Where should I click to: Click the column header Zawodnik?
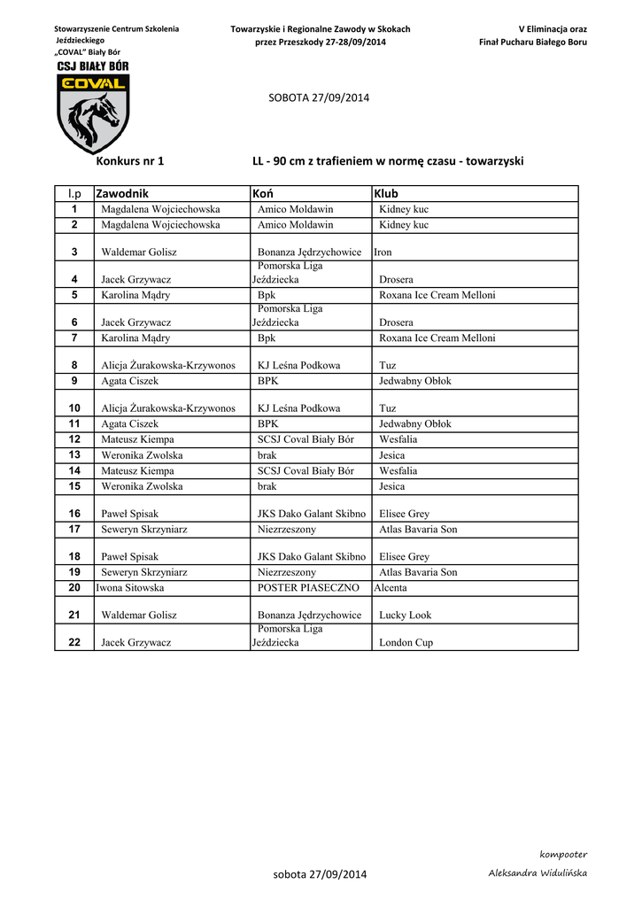tap(122, 193)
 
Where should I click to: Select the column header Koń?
tap(262, 193)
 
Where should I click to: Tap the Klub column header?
tap(386, 193)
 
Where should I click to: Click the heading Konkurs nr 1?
tap(129, 161)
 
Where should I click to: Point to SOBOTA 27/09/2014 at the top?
tap(319, 97)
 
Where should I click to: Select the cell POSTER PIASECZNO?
tap(308, 587)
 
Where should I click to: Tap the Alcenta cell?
tap(391, 587)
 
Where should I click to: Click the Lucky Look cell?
tap(406, 615)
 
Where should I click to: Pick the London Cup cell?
tap(406, 643)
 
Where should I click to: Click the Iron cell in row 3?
tap(383, 252)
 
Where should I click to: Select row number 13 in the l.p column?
tap(74, 455)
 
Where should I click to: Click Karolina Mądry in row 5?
tap(135, 295)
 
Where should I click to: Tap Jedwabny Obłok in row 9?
tap(414, 381)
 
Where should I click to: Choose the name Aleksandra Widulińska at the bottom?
tap(538, 873)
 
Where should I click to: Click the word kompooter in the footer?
tap(563, 854)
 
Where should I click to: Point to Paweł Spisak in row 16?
tap(130, 514)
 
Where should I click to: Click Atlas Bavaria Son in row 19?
tap(418, 572)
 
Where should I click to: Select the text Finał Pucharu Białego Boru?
tap(532, 42)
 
